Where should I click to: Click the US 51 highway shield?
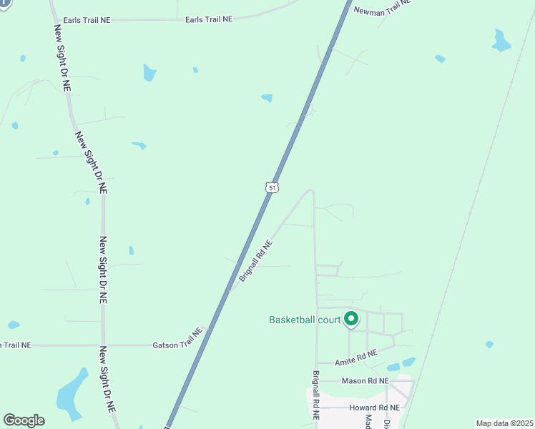pos(272,187)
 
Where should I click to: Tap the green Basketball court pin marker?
pos(350,319)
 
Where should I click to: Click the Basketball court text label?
pos(304,320)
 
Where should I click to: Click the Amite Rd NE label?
pos(355,355)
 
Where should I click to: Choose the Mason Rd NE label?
pos(365,381)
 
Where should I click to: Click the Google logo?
pos(24,420)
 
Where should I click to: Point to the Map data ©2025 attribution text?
pos(504,423)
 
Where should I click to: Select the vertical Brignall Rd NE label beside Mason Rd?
pos(315,393)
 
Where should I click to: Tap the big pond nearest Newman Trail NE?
pos(501,41)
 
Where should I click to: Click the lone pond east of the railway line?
pos(489,345)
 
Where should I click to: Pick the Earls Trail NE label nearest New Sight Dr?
pos(87,20)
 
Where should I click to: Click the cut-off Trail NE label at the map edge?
pos(16,345)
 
